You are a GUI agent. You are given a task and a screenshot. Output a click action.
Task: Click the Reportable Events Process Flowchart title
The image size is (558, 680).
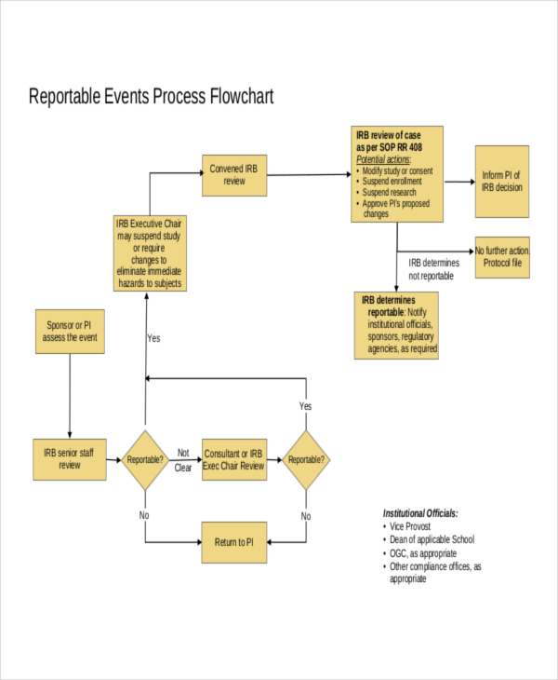(x=152, y=97)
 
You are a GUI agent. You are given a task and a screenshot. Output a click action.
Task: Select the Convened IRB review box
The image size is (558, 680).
(x=234, y=175)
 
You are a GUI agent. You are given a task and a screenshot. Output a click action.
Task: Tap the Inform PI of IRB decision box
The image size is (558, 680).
(x=501, y=181)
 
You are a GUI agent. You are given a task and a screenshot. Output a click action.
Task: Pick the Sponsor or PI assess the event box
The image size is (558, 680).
(x=70, y=332)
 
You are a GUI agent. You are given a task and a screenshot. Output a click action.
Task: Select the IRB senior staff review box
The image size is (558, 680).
(x=70, y=458)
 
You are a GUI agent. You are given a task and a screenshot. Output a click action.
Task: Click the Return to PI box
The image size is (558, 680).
(x=234, y=542)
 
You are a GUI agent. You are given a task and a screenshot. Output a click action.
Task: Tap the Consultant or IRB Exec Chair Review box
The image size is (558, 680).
(x=234, y=459)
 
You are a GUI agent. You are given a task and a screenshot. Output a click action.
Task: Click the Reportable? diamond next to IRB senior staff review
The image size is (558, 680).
(x=145, y=459)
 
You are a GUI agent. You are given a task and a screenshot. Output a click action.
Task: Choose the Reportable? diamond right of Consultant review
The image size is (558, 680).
(x=306, y=459)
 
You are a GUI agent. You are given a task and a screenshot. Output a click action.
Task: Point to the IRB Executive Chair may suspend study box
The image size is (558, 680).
(x=149, y=253)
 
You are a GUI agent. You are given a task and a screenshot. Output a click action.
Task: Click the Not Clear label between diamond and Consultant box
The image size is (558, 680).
(x=183, y=460)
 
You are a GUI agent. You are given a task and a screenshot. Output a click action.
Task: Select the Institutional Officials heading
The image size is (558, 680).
(x=420, y=513)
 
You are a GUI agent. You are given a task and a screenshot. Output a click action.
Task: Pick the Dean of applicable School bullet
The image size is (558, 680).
(x=432, y=539)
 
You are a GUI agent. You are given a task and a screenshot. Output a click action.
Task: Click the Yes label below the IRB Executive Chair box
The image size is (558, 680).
(x=154, y=338)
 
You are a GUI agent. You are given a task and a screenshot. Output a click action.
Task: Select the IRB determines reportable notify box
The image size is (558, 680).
(x=397, y=325)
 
